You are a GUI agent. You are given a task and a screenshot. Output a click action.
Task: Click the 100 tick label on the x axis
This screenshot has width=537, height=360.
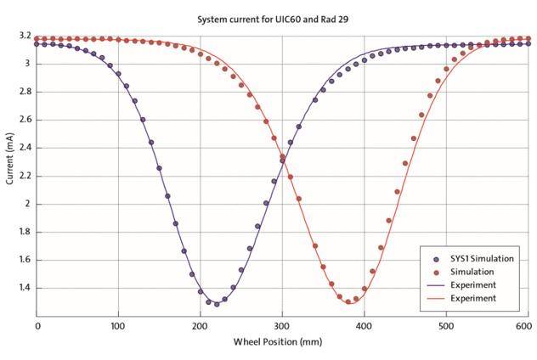[118, 325]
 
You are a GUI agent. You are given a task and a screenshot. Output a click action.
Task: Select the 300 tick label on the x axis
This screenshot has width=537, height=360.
[281, 325]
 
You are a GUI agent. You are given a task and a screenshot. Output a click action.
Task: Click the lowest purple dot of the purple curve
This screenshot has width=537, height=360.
[217, 303]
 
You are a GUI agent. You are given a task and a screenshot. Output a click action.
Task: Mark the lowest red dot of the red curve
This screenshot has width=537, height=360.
[348, 301]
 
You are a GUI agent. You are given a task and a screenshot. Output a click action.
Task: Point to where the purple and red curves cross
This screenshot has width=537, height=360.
[282, 157]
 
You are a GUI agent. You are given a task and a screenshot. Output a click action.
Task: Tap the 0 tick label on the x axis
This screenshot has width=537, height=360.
[37, 325]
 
